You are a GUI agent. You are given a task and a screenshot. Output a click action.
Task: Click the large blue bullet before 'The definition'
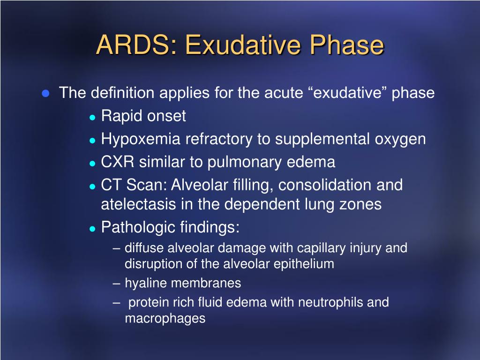pyautogui.click(x=45, y=93)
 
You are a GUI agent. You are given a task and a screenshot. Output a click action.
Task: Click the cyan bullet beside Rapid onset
pyautogui.click(x=92, y=117)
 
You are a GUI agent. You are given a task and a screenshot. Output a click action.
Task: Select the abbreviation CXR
pyautogui.click(x=118, y=162)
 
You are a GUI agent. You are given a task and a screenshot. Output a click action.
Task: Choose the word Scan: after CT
pyautogui.click(x=147, y=185)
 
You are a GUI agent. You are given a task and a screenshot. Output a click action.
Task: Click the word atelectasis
pyautogui.click(x=138, y=204)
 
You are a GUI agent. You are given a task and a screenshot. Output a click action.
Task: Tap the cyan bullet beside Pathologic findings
pyautogui.click(x=92, y=229)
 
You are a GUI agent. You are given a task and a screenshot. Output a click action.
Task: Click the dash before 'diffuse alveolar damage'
pyautogui.click(x=116, y=248)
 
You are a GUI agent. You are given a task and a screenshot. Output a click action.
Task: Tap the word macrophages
pyautogui.click(x=165, y=319)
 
